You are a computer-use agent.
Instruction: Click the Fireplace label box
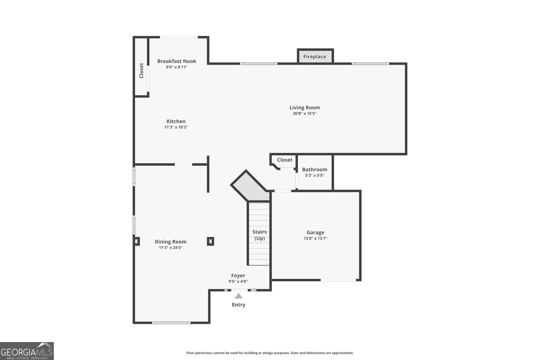(x=315, y=56)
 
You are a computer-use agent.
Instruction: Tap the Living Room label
(x=304, y=107)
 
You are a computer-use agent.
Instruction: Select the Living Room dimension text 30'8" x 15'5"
(x=304, y=113)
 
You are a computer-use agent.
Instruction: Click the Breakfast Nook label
(x=177, y=61)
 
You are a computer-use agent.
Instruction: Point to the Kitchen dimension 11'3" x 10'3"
(x=176, y=127)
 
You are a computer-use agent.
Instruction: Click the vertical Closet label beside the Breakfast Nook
(x=141, y=71)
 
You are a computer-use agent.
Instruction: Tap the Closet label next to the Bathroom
(x=285, y=160)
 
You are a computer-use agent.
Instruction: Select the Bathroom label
(x=315, y=170)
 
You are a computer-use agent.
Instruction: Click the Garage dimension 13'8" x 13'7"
(x=315, y=238)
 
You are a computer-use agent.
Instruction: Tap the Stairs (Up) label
(x=260, y=235)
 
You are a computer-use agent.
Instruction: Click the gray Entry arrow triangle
(x=239, y=296)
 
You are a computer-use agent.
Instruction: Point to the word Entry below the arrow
(x=238, y=305)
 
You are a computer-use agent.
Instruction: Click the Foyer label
(x=238, y=276)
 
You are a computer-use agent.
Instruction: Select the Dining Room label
(x=170, y=241)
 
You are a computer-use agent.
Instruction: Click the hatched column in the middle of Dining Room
(x=210, y=241)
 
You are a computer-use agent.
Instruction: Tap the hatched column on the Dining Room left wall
(x=137, y=241)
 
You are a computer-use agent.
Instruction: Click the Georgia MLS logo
(x=27, y=351)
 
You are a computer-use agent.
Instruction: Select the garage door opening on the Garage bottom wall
(x=338, y=280)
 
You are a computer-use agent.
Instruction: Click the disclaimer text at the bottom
(x=270, y=353)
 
